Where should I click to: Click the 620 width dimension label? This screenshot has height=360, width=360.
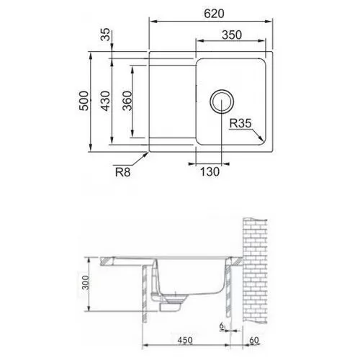tap(214, 14)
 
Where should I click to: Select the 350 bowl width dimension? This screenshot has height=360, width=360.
tap(232, 35)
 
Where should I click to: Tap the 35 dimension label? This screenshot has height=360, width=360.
tap(106, 35)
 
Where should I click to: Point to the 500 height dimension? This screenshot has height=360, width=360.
tap(84, 101)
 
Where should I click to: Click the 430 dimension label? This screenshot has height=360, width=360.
tap(105, 101)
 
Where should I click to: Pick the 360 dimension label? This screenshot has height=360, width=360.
tap(127, 101)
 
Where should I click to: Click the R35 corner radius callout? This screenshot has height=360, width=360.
tap(240, 123)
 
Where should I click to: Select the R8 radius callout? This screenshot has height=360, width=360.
tap(122, 172)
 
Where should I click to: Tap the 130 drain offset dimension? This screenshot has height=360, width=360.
tap(210, 172)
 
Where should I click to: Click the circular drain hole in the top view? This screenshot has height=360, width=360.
tap(221, 102)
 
